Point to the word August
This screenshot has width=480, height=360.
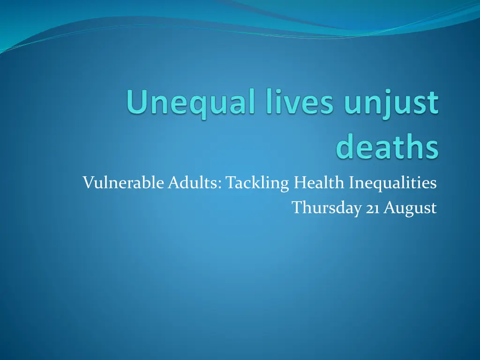coord(410,207)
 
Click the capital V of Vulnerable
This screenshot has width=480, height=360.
coord(88,182)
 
